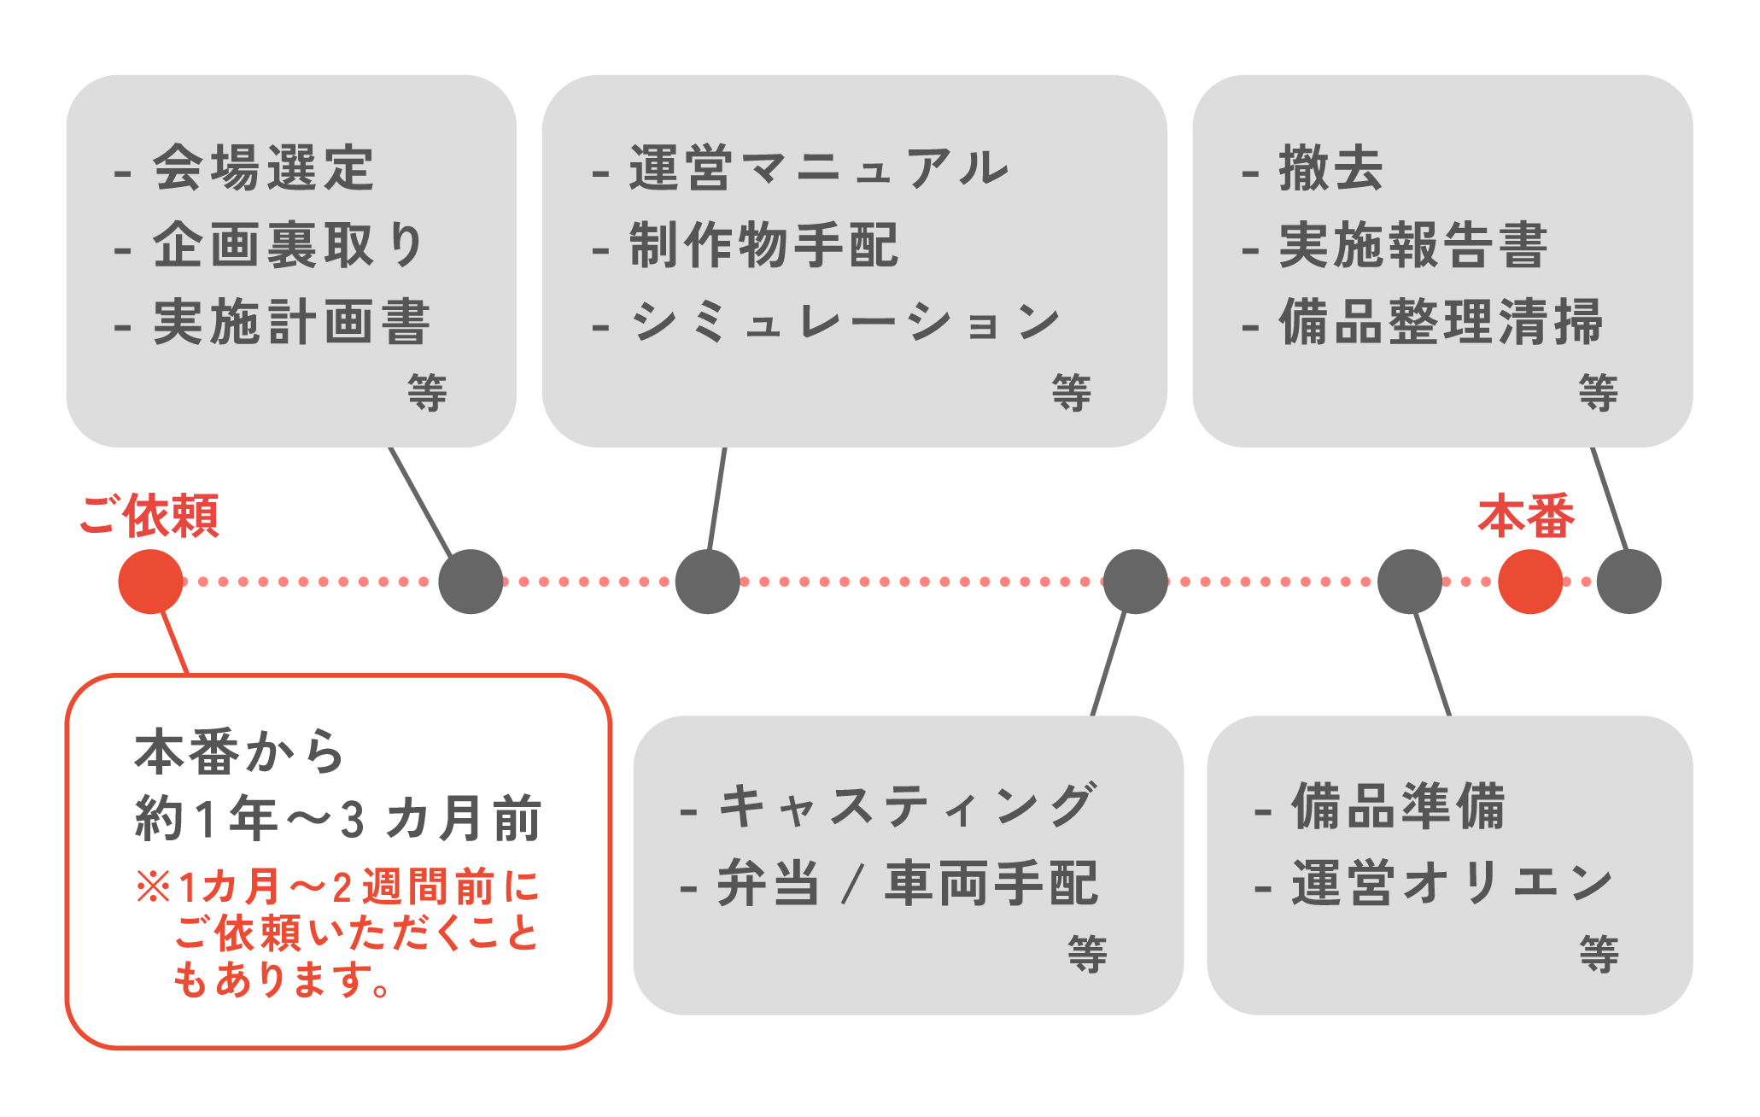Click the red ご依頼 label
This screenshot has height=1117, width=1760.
click(150, 516)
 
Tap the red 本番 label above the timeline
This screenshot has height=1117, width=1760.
click(1526, 516)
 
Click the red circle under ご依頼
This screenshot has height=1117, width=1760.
click(150, 582)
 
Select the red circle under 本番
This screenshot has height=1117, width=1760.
click(1530, 582)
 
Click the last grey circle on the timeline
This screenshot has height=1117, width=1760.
click(1628, 582)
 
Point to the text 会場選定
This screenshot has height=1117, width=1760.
click(263, 167)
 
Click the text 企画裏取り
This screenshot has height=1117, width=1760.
click(289, 245)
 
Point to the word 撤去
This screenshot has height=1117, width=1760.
click(1330, 167)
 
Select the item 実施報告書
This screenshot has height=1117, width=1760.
click(1413, 245)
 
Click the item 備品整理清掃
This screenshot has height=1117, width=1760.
click(1441, 322)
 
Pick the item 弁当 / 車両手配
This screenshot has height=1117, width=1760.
click(907, 883)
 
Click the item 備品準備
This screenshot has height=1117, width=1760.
click(1399, 805)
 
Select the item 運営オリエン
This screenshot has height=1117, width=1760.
click(1452, 883)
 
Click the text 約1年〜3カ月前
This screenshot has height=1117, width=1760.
click(338, 818)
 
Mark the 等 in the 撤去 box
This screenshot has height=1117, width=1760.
click(1598, 393)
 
